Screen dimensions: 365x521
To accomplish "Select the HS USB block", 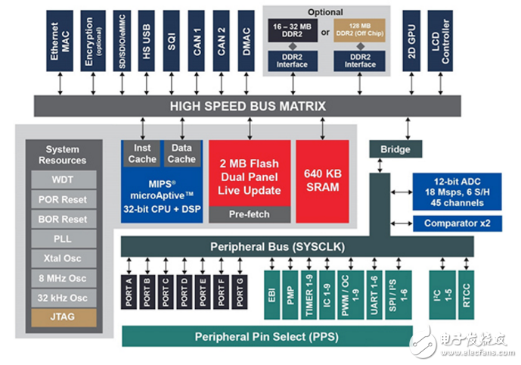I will click(147, 41).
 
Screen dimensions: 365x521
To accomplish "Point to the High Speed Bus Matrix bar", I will click(250, 106).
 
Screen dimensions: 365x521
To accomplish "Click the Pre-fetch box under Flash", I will click(250, 214).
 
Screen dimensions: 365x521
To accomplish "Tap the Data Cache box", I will click(181, 152).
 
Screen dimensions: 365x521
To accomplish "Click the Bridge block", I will click(389, 150).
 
